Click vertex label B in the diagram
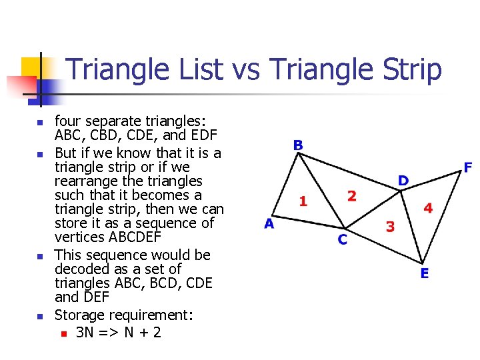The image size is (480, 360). pos(298,145)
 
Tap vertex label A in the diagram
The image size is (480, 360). pos(269,224)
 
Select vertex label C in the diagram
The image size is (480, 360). pos(342,239)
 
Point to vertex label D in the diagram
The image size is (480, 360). pos(403,181)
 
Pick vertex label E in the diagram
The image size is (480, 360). pos(425,273)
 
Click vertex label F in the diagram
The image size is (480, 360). pos(468,167)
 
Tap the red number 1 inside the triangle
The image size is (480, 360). pos(303,201)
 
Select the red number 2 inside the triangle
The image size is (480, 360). pos(351,195)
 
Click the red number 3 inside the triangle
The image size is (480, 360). pos(390,227)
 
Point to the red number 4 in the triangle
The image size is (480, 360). pos(428,209)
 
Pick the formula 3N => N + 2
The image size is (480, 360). pos(119,332)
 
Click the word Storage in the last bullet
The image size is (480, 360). pos(79,315)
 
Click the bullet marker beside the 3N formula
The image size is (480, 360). pos(63,333)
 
